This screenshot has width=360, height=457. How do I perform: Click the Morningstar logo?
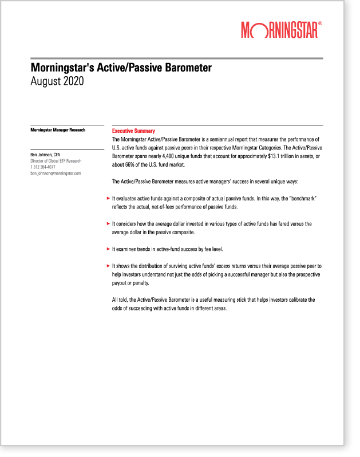coord(279,30)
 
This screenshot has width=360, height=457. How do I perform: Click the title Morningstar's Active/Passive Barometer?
coord(121,68)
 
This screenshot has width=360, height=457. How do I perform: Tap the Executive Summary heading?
coord(133,131)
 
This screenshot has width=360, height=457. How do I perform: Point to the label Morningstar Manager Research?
coord(58,130)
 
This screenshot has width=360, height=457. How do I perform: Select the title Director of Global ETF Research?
coord(56,161)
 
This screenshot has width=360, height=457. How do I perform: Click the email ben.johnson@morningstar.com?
coord(56,173)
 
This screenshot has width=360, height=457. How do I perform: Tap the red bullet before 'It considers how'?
coord(108,224)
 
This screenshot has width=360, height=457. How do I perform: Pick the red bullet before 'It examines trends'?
coord(108,249)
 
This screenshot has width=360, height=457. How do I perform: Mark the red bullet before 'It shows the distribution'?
coord(108,266)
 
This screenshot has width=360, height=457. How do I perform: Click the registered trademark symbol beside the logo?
coord(320,24)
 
